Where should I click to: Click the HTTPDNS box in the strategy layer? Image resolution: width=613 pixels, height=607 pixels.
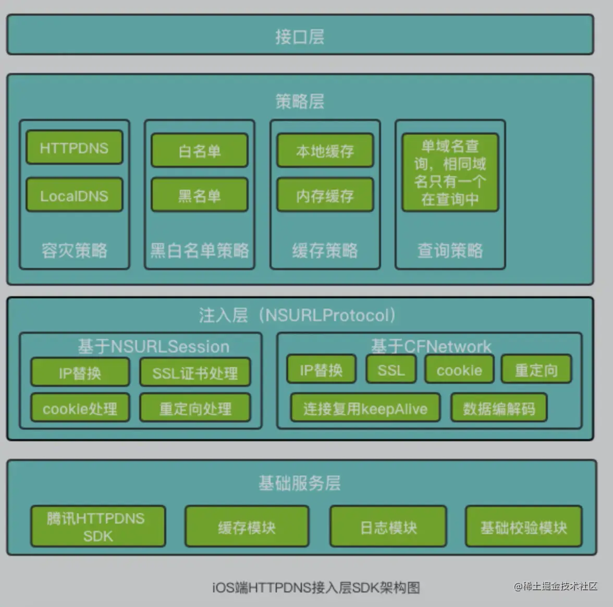[74, 148]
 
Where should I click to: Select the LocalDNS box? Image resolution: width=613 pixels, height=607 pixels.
[74, 196]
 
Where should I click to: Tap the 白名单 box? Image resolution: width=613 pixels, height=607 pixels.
[200, 151]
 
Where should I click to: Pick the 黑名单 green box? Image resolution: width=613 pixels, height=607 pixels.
[200, 196]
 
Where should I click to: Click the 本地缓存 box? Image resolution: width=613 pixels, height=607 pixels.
[325, 151]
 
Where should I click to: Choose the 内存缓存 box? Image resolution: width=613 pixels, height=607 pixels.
[325, 196]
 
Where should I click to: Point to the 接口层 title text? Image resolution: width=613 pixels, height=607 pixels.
[300, 37]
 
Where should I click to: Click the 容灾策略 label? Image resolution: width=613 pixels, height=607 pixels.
[74, 250]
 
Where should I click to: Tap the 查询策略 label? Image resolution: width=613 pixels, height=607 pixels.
[450, 250]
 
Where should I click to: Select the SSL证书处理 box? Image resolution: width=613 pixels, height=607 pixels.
[195, 372]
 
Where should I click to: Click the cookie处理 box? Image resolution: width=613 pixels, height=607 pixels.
[80, 408]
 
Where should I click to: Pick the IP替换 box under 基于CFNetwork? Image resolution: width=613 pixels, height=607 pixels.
[321, 370]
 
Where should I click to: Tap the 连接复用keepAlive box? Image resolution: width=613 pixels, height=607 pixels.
[365, 408]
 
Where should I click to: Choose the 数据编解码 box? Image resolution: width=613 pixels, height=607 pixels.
[499, 408]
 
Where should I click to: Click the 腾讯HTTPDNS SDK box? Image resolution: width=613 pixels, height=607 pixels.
[97, 527]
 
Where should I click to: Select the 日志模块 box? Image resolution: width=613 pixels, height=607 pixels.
[388, 527]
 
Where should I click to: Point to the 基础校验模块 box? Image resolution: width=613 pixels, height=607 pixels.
[523, 527]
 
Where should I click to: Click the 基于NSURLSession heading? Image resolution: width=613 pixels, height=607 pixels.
[153, 346]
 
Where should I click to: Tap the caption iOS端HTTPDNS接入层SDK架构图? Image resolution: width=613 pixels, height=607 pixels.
[316, 588]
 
